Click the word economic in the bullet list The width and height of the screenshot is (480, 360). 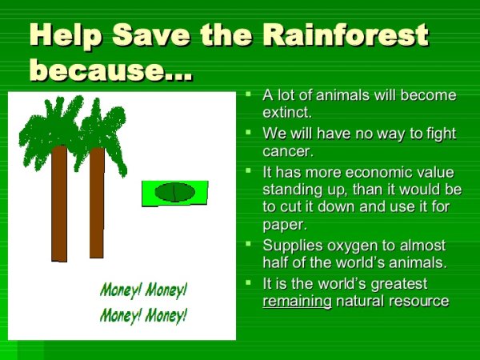coord(370,172)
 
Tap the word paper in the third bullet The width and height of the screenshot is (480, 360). coord(284,225)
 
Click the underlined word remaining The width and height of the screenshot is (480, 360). coord(297,301)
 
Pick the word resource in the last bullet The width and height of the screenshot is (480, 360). coord(420,301)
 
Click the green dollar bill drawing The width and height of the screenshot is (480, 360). coord(175,193)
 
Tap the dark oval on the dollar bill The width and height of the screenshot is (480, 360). coord(174,192)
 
